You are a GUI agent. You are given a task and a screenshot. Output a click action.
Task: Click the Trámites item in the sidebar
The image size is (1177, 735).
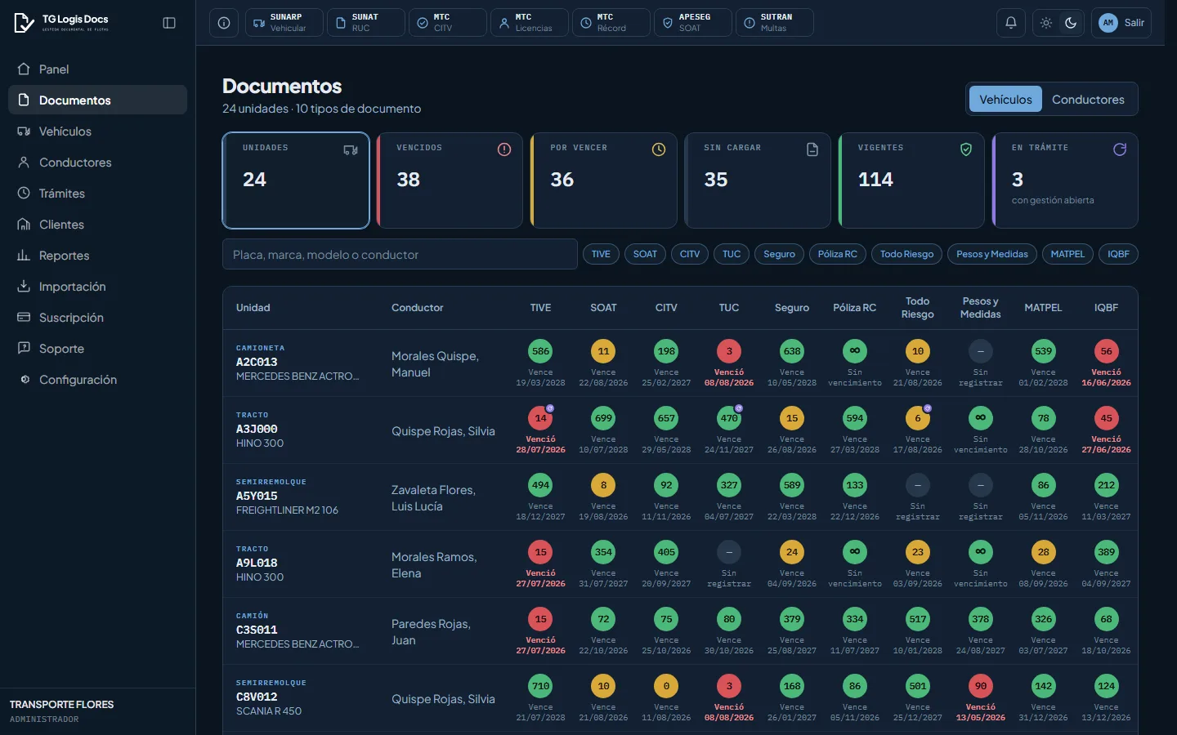tap(61, 194)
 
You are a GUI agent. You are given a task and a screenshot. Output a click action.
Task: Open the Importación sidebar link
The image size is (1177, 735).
tap(72, 286)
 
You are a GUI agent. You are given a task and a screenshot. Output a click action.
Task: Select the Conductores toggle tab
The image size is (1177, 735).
tap(1088, 100)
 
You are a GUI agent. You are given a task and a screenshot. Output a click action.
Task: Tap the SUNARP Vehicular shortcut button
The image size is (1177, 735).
tap(284, 23)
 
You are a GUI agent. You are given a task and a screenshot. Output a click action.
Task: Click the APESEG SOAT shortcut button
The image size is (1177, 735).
tap(692, 23)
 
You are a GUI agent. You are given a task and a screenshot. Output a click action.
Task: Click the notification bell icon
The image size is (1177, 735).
tap(1010, 23)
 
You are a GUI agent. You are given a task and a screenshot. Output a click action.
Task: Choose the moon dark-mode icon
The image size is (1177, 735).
tap(1071, 23)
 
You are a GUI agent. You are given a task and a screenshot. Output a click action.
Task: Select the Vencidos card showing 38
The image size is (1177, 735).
tap(450, 180)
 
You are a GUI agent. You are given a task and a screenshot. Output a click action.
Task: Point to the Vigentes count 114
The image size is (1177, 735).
tap(875, 180)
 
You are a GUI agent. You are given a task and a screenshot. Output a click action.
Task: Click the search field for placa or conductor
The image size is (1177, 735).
tap(400, 254)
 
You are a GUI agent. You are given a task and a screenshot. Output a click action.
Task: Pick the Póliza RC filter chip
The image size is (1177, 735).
tap(837, 254)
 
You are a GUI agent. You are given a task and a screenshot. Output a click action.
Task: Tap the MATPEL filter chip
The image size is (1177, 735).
tap(1067, 254)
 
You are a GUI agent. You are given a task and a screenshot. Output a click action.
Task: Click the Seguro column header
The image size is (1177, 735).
tap(791, 308)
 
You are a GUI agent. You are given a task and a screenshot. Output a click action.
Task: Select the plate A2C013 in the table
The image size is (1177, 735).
tap(257, 362)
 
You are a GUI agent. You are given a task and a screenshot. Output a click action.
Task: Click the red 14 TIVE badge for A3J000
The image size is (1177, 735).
tap(540, 418)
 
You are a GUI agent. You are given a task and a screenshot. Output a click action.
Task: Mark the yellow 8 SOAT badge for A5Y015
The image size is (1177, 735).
tap(603, 485)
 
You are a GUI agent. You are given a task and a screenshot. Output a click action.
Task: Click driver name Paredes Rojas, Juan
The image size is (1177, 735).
tap(431, 631)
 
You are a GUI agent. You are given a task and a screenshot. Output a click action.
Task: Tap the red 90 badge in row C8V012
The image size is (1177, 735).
tap(980, 686)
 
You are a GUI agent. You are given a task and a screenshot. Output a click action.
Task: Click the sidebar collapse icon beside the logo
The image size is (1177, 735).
tap(168, 23)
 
